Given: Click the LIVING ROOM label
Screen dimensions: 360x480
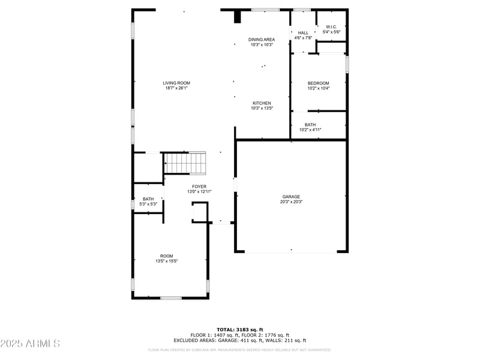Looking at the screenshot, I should pos(176,83).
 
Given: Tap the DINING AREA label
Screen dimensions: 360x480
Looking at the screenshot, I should pos(262,40).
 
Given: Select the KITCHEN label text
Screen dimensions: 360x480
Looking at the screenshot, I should pos(262,103).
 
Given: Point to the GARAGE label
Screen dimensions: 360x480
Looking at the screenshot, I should pos(292,197).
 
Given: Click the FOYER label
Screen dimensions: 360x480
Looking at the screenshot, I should pos(199,187).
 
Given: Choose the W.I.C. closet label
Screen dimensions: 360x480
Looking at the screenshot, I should pos(331,27).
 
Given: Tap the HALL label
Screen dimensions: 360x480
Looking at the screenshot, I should pos(303,33).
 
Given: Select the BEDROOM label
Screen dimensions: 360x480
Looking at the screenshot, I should pos(319,83).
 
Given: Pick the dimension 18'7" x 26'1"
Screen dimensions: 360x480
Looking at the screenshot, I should pos(176,88).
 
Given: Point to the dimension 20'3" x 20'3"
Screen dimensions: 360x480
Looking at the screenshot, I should pos(292,202).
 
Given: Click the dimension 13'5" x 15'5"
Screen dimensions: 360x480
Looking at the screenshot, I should pos(166,261).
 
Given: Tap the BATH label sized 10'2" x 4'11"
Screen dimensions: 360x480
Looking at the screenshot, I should pos(310,125).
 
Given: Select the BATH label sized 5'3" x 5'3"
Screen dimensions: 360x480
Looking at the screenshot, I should pos(148,199).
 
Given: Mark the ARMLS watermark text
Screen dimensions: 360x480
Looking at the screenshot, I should pos(30,344).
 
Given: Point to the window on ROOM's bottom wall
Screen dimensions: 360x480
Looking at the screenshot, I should pos(170,298).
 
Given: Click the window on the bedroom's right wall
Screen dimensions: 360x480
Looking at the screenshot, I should pos(347,64).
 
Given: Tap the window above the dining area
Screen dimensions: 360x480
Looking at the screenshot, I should pos(265,10).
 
